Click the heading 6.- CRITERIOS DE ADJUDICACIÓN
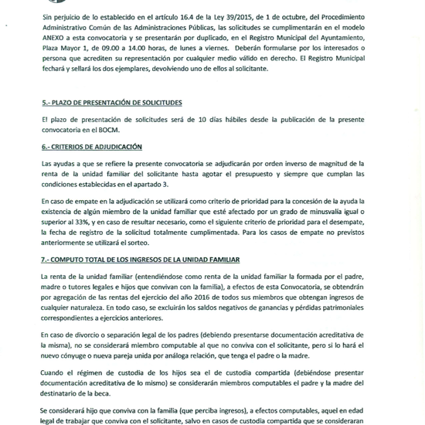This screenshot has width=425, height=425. [93, 147]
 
